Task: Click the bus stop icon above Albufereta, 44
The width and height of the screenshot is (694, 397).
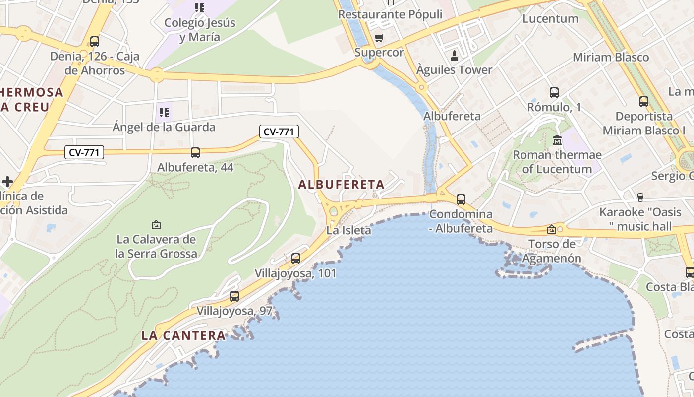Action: (195, 153)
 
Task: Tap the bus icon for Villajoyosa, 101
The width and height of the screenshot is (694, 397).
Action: (296, 258)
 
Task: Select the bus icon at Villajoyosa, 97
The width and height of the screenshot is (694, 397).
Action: (234, 296)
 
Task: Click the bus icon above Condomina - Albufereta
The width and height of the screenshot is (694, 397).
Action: (461, 199)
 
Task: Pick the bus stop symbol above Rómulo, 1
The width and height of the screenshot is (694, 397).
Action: (554, 93)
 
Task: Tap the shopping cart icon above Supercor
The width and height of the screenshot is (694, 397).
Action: (379, 38)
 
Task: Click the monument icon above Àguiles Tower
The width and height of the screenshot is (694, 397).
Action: (454, 55)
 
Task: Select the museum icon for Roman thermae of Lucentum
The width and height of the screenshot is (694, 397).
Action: (557, 140)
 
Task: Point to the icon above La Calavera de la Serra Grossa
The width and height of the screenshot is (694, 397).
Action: (156, 225)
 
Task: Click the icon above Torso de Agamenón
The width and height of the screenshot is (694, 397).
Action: (551, 229)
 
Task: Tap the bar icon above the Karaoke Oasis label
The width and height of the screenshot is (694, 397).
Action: (640, 198)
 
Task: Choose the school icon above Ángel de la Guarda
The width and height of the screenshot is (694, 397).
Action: (164, 113)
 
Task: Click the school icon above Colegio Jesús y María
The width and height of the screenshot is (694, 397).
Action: (200, 8)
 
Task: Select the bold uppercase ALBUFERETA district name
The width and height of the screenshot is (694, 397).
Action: (342, 184)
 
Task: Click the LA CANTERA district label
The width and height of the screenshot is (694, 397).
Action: (183, 335)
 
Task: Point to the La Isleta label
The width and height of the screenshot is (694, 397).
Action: (348, 230)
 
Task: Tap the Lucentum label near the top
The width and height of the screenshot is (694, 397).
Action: (550, 19)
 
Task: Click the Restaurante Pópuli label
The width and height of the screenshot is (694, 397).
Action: (390, 14)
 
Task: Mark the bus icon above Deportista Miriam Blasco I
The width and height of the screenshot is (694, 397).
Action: (643, 102)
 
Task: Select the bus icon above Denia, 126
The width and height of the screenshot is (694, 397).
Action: (95, 42)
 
